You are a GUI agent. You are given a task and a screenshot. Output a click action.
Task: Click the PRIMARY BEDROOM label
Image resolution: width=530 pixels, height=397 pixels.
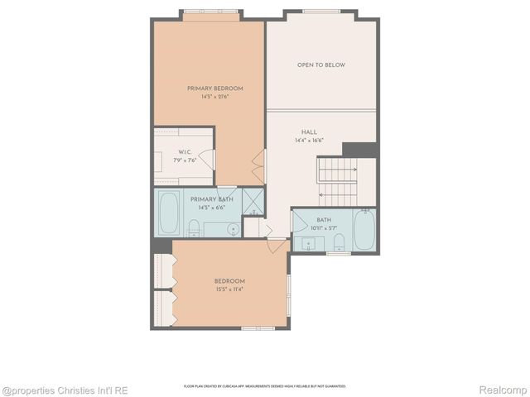tap(214, 88)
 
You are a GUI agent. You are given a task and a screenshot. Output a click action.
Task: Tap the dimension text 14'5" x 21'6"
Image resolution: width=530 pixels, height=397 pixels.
tap(214, 97)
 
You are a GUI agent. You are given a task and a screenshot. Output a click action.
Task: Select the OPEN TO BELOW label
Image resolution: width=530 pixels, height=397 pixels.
tap(321, 65)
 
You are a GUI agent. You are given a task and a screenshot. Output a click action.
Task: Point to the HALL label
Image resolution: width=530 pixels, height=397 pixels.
tap(309, 132)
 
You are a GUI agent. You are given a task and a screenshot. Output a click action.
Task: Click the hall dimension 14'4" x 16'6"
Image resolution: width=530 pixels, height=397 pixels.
tap(309, 141)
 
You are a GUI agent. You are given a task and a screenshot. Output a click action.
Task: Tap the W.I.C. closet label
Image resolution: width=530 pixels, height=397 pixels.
tap(185, 152)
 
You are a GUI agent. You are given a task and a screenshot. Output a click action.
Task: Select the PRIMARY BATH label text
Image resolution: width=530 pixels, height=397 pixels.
tap(212, 199)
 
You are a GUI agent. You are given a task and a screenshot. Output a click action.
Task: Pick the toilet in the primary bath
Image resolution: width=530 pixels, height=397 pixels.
tap(194, 227)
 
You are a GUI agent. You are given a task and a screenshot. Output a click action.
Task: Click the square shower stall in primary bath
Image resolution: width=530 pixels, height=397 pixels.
tap(253, 201)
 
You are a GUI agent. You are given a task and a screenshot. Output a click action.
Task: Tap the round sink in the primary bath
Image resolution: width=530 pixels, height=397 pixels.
tap(233, 229)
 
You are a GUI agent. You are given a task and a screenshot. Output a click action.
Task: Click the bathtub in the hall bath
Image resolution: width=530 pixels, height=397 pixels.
tap(364, 229)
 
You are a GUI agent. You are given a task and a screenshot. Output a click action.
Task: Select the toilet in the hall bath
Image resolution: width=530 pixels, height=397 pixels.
tap(339, 242)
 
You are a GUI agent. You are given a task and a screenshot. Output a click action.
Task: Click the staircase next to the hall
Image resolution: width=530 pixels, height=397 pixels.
tap(337, 182)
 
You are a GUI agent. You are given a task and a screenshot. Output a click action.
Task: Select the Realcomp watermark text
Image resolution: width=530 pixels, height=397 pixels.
tap(504, 389)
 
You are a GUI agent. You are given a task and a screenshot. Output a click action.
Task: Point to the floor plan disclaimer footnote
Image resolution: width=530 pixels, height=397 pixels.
tap(264, 386)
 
